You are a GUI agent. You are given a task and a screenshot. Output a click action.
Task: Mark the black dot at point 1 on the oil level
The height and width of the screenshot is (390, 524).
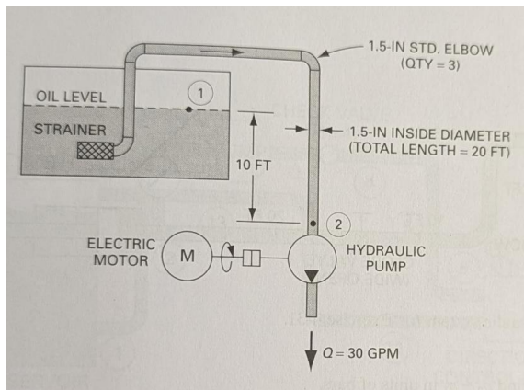188,108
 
